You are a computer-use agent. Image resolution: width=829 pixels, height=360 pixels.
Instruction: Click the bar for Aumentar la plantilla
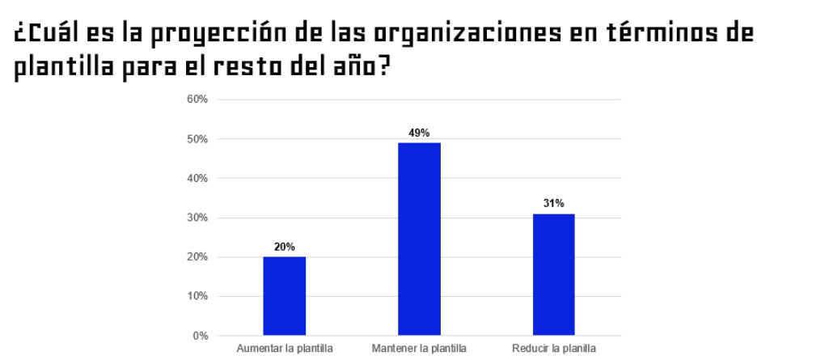[x=284, y=295]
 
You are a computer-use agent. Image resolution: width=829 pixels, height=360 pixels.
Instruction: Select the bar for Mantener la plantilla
[x=419, y=239]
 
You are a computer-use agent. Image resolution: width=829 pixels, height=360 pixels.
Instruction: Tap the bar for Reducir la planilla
[x=553, y=274]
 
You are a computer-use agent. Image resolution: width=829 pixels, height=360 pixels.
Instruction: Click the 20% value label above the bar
[x=284, y=247]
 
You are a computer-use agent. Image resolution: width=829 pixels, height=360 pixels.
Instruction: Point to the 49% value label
[x=419, y=133]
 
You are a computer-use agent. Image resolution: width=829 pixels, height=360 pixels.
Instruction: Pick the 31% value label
[x=553, y=203]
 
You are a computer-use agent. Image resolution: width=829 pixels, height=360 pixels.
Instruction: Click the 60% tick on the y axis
[x=198, y=100]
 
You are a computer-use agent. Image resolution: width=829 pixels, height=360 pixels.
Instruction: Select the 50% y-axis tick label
[x=198, y=139]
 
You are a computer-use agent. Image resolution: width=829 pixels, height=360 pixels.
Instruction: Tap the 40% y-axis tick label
[x=198, y=178]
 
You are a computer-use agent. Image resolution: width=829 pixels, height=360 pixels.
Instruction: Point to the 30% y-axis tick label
[x=198, y=218]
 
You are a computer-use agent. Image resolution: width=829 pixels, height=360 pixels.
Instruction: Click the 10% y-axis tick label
[x=198, y=296]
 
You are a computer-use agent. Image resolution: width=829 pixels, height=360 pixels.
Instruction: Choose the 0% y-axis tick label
[x=201, y=335]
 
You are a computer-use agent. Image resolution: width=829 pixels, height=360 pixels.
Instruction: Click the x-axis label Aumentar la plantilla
[x=284, y=349]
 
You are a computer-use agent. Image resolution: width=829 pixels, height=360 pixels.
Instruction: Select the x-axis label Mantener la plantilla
[x=419, y=349]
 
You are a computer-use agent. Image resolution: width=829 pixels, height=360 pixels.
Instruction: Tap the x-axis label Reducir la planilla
[x=553, y=349]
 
